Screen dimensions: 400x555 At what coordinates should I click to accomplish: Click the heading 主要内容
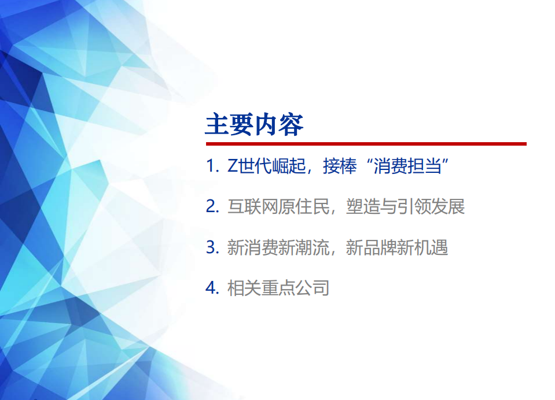pos(254,125)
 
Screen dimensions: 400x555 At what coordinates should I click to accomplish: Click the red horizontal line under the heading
pos(366,143)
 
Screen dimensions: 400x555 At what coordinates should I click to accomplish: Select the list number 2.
pos(211,206)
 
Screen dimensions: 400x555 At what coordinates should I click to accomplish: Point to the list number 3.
pos(211,247)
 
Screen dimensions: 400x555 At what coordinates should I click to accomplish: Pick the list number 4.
pos(211,288)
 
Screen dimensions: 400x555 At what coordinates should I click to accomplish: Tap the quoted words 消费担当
pos(406,166)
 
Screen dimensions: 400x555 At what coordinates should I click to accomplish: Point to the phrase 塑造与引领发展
pos(405,206)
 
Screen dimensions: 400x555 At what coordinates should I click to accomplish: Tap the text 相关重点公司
pos(278,288)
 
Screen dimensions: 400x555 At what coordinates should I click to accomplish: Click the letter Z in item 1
pos(232,166)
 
